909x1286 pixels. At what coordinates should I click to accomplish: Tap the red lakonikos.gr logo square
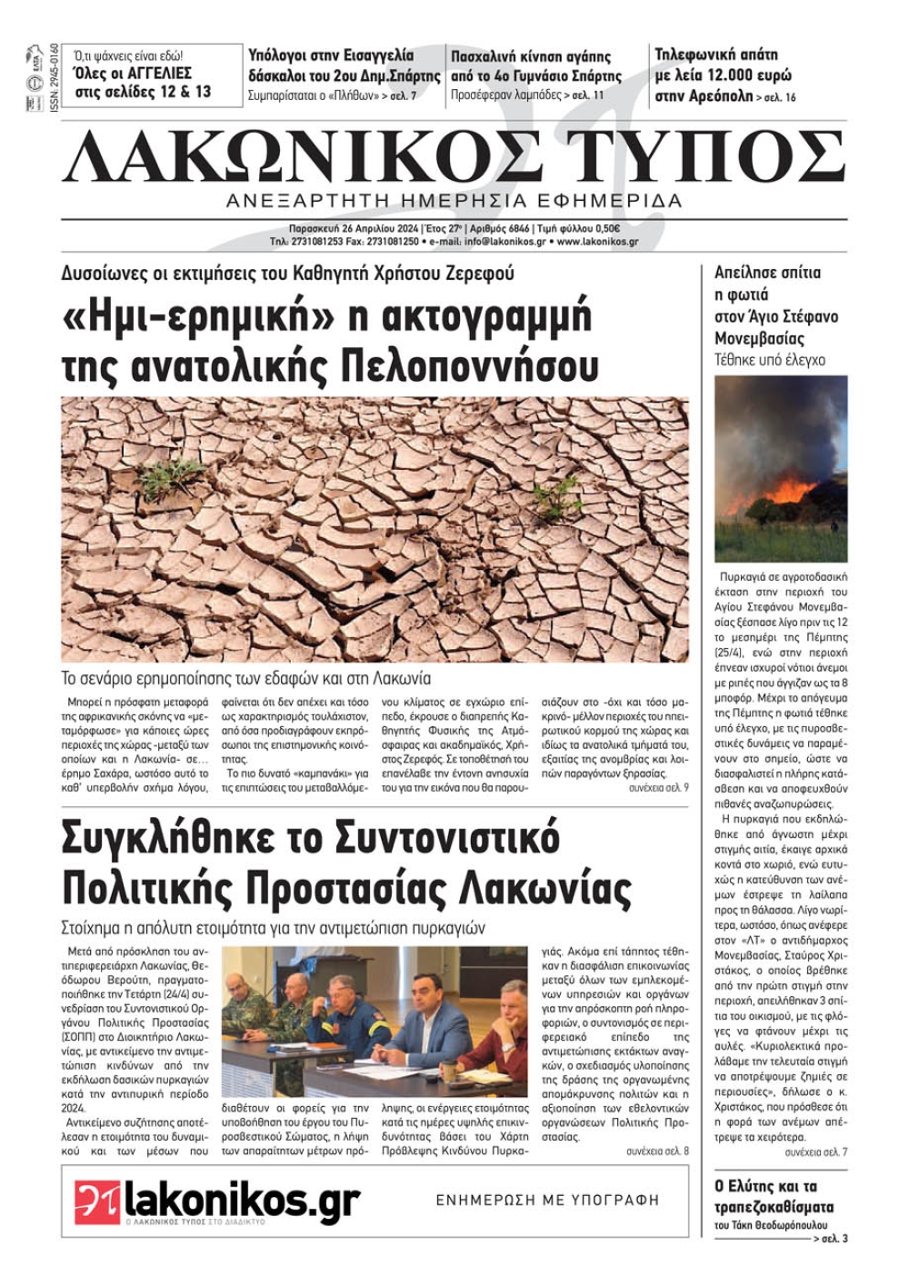(x=98, y=1202)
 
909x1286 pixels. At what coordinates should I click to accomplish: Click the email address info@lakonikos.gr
(x=504, y=243)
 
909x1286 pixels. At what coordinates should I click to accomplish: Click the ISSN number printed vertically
(x=54, y=78)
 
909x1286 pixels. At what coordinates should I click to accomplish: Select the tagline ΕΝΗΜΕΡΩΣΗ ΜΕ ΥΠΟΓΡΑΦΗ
(x=547, y=1200)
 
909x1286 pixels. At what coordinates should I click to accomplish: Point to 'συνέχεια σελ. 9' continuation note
(x=658, y=788)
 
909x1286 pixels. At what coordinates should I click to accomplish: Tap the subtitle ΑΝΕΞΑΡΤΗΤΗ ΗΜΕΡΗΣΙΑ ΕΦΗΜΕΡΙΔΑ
(x=454, y=201)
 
